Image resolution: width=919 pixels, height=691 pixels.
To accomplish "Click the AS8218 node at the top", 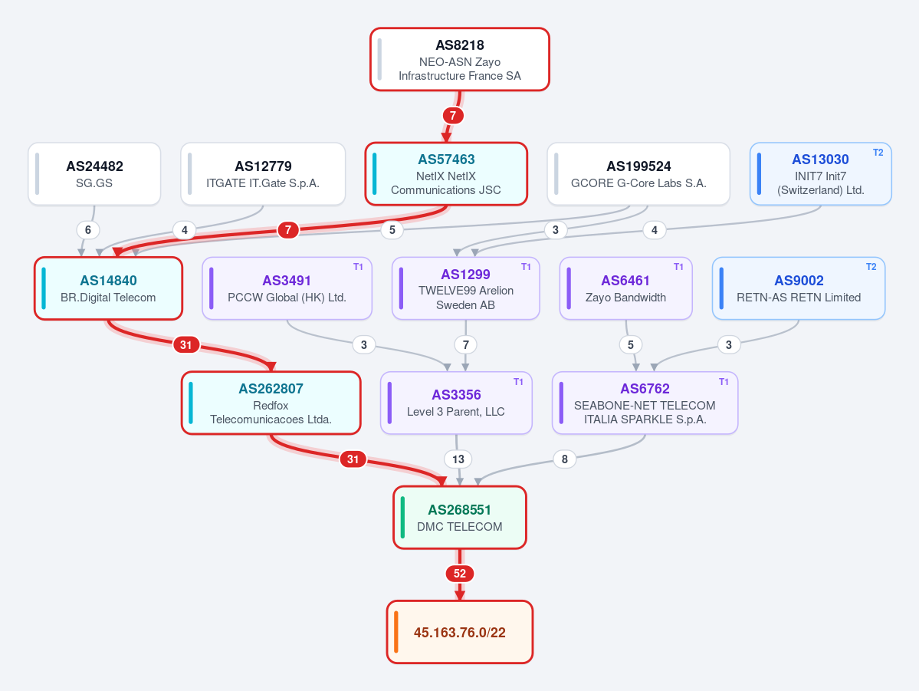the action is [x=460, y=59].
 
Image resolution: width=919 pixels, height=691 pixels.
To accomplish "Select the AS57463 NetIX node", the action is [x=446, y=174].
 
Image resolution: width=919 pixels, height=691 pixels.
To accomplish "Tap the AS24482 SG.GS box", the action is [x=94, y=174].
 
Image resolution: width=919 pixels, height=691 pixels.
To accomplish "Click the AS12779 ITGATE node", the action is [x=263, y=174].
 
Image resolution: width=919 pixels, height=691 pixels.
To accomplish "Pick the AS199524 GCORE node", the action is [x=638, y=174].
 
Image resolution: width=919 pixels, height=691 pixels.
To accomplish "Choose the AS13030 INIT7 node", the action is [x=821, y=174].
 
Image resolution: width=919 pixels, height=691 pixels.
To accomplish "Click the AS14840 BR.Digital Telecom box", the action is [x=108, y=288].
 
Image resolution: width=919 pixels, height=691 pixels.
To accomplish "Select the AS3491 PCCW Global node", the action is [x=287, y=288].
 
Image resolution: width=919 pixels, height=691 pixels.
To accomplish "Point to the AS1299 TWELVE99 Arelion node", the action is [x=465, y=288].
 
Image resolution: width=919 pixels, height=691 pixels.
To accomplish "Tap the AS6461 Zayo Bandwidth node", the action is [x=626, y=288].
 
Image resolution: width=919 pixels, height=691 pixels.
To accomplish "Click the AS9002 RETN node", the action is [x=798, y=288].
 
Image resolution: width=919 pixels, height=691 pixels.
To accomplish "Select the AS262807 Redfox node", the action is [x=271, y=403].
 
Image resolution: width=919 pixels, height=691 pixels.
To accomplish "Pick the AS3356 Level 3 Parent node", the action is [x=456, y=403].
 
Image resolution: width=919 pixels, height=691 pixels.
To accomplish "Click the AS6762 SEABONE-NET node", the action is [x=645, y=403].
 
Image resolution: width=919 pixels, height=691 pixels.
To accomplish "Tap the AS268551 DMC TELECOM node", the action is [x=460, y=518].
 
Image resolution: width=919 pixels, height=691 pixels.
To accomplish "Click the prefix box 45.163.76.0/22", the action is [x=460, y=632].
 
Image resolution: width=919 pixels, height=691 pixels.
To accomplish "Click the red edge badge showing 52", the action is [x=460, y=574].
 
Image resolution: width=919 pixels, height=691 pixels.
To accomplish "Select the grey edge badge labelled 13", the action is [x=458, y=459].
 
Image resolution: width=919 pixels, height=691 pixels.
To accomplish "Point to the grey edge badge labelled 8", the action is [x=564, y=459].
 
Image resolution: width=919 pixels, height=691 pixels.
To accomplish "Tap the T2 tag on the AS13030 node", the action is [x=878, y=153].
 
